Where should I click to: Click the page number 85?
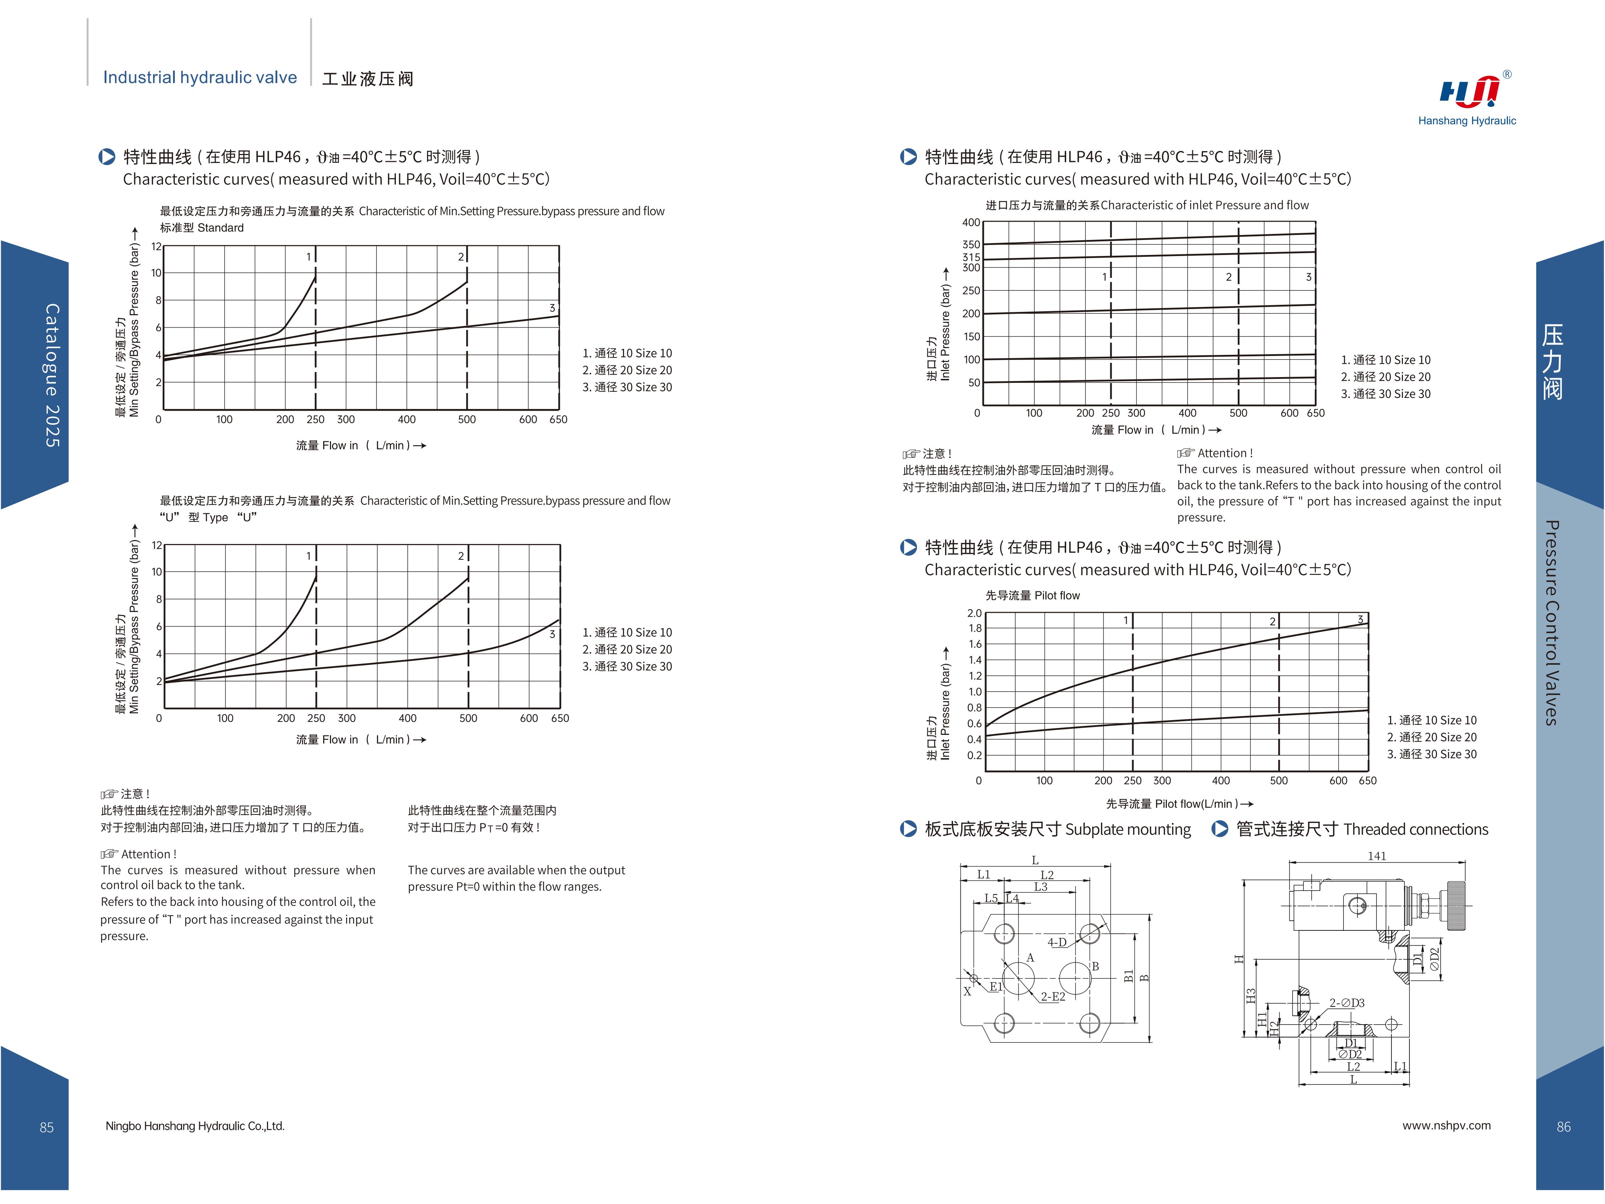pos(47,1127)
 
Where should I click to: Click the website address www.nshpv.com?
pos(1446,1126)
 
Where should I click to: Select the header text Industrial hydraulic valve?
pos(200,78)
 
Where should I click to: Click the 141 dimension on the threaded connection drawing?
pos(1376,856)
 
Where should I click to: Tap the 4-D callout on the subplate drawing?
pos(1057,942)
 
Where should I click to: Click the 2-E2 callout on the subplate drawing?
pos(1053,997)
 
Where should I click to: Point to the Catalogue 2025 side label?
pos(52,375)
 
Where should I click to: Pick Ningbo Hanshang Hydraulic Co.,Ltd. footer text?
pos(195,1126)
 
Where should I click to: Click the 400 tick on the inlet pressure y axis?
pos(971,223)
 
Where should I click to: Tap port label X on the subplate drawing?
pos(967,992)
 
